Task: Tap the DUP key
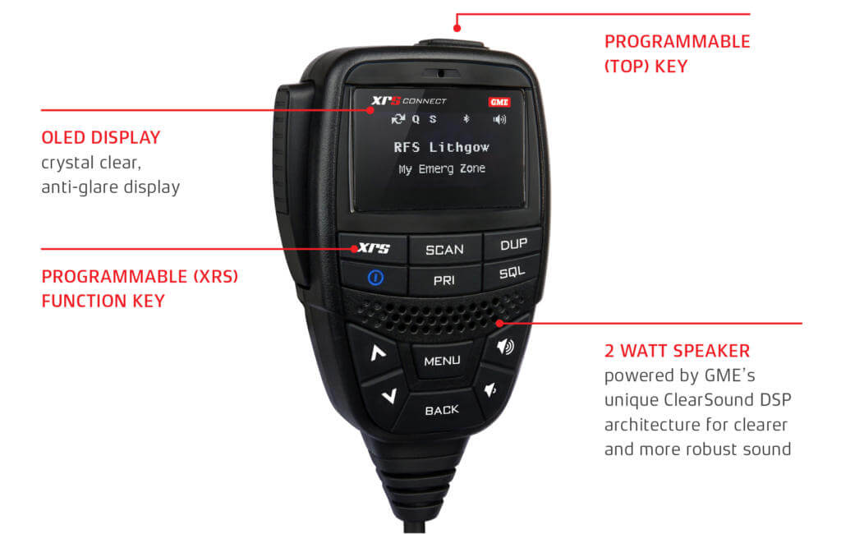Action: point(513,244)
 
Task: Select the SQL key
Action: point(512,272)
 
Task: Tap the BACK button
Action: point(442,409)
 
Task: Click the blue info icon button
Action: point(376,278)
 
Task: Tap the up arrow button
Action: point(378,353)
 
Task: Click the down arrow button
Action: point(388,396)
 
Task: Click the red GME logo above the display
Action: point(499,102)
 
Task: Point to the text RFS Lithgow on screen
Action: point(442,147)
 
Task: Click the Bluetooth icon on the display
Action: point(464,119)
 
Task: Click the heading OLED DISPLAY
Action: point(100,137)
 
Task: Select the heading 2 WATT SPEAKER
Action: point(677,351)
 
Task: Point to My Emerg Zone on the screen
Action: point(442,168)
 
